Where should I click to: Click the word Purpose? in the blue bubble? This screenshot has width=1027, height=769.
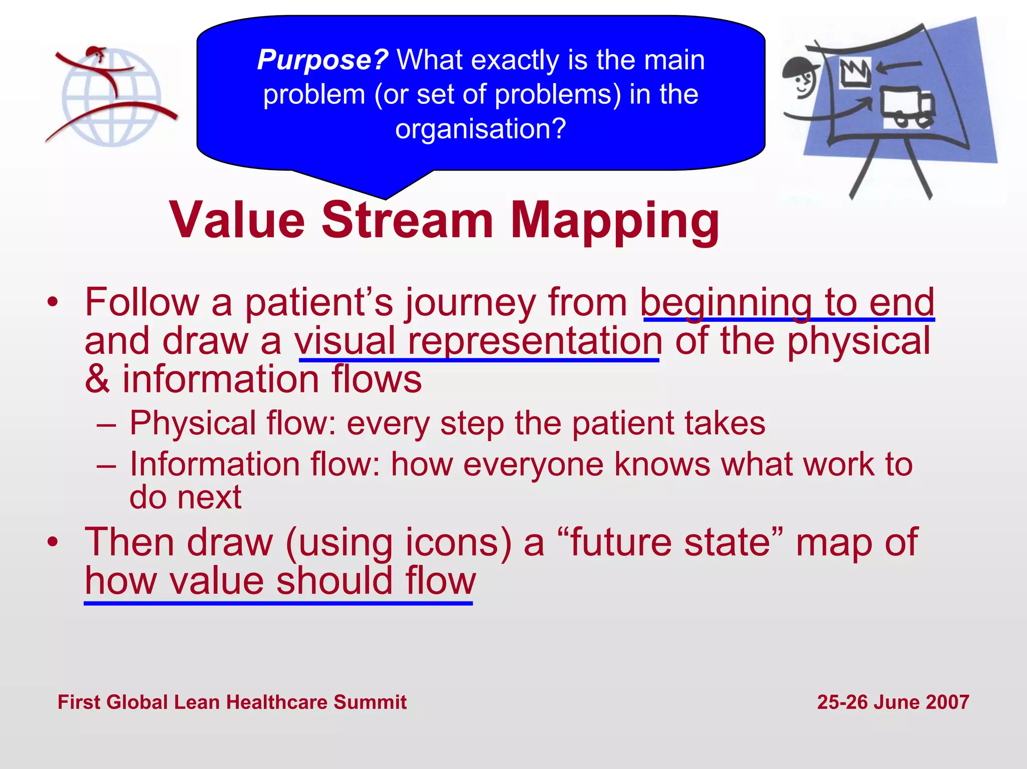click(322, 60)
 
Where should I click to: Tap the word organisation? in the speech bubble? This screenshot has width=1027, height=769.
click(480, 129)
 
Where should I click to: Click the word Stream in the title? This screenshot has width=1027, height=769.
click(407, 221)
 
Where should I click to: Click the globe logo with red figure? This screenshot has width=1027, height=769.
click(111, 96)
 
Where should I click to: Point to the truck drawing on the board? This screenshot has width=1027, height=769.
click(907, 108)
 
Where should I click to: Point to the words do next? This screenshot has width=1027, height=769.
click(186, 497)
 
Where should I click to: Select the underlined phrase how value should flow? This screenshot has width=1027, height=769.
click(280, 582)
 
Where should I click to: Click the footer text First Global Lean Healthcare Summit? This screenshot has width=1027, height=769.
click(232, 702)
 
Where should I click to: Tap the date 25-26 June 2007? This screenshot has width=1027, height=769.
click(893, 702)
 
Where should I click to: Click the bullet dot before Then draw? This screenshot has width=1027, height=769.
click(53, 542)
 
